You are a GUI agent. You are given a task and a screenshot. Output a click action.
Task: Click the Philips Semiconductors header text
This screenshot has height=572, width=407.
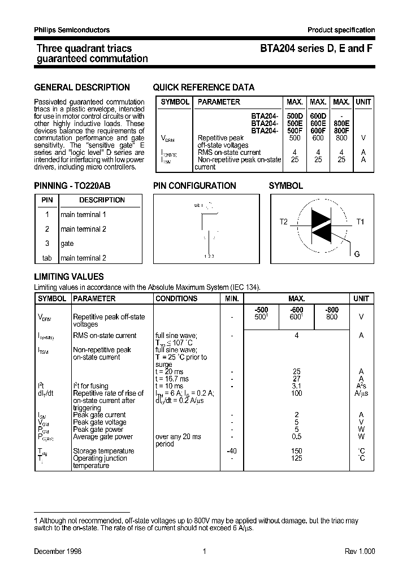pos(72,30)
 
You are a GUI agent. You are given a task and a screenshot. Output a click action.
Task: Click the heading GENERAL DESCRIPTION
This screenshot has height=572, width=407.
pos(82,88)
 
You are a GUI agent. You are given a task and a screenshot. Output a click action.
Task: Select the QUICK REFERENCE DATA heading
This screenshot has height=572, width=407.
pos(203,88)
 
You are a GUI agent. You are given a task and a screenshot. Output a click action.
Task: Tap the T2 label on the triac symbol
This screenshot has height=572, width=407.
pos(284,222)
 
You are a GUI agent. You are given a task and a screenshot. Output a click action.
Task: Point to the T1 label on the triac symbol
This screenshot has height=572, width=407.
pos(360,222)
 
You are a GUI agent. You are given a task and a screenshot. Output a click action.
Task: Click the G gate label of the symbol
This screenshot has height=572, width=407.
pos(357,254)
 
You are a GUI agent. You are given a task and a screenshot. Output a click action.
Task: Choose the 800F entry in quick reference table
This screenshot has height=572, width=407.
pos(341,131)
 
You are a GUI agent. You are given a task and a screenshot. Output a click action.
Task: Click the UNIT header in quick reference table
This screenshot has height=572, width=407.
pos(363,102)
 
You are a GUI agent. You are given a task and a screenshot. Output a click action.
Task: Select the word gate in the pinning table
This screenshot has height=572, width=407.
pos(67,244)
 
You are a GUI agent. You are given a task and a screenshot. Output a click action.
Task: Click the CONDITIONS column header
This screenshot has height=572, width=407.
pos(176,298)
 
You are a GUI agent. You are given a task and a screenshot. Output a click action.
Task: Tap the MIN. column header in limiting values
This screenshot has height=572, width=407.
pos(232,298)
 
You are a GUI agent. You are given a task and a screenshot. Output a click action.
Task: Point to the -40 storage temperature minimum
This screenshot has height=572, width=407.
pos(232,451)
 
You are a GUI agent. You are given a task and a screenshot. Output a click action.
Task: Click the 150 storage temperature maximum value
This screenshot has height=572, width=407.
pos(297,451)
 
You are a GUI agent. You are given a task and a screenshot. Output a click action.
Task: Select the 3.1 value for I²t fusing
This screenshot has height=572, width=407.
pos(297,386)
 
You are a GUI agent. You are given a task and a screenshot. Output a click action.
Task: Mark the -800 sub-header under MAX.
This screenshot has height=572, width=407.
pos(332,310)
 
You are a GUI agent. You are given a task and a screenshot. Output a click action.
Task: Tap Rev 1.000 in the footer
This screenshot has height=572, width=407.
pos(360,552)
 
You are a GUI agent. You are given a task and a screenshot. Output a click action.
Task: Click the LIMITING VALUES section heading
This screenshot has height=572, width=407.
pos(69,277)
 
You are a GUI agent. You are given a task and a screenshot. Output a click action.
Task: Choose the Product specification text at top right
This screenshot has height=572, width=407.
pos(341,30)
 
